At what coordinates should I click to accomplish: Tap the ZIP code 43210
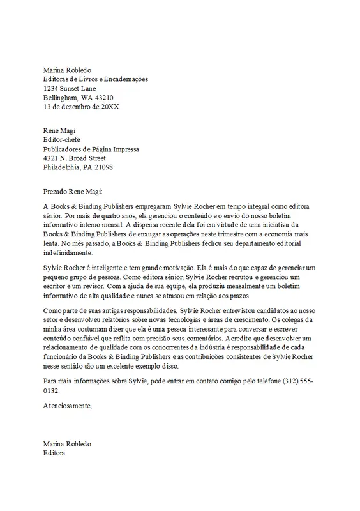[x=105, y=98]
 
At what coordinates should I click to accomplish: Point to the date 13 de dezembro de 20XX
[x=80, y=107]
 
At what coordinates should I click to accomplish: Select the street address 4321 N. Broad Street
[x=79, y=158]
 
